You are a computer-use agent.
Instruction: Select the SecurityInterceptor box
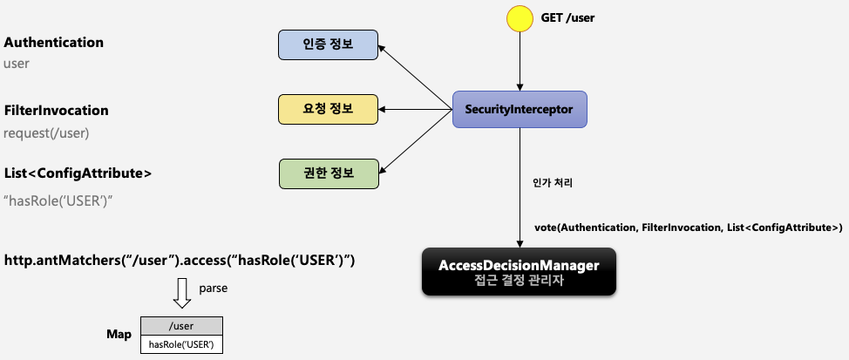tap(520, 110)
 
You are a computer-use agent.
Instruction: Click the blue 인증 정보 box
tap(329, 44)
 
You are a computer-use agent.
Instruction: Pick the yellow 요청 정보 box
tap(329, 109)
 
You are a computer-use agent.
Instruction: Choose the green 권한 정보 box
tap(329, 173)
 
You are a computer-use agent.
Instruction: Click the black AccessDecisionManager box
tap(519, 271)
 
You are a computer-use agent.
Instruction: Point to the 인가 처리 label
tap(552, 184)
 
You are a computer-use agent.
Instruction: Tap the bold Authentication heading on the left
tap(54, 42)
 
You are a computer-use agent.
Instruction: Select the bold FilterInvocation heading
tap(57, 111)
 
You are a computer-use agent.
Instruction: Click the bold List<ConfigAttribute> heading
tap(78, 173)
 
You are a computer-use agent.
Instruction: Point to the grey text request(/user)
tap(46, 133)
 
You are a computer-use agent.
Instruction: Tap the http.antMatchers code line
tap(180, 261)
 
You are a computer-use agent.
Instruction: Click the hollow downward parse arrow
tap(181, 293)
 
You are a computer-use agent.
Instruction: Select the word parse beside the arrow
tap(214, 288)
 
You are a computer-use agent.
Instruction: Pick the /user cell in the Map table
tap(182, 327)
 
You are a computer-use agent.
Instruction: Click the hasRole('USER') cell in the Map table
tap(182, 345)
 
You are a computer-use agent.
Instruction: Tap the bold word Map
tap(119, 335)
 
